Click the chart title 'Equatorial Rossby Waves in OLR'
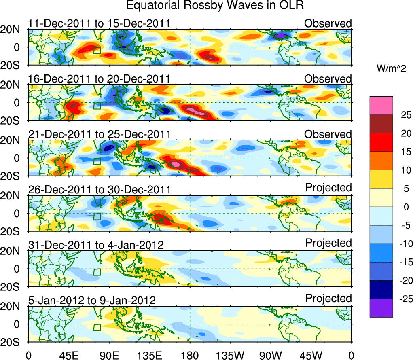pyautogui.click(x=215, y=6)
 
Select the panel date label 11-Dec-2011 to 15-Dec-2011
pyautogui.click(x=99, y=23)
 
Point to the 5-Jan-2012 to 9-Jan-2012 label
pyautogui.click(x=92, y=301)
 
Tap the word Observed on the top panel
pyautogui.click(x=328, y=23)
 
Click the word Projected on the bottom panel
pyautogui.click(x=328, y=299)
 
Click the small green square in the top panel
pyautogui.click(x=97, y=50)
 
